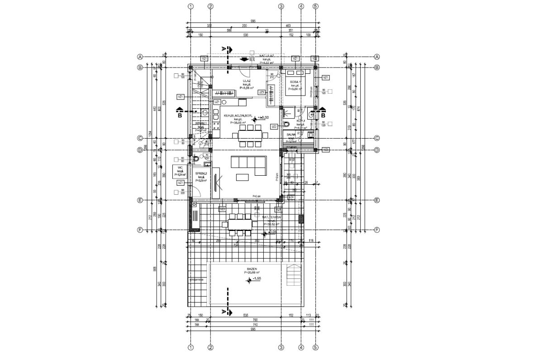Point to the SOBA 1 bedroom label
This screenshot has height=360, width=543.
tap(295, 82)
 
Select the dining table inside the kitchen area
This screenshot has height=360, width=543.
tap(248, 134)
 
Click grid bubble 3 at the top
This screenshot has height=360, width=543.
tap(281, 6)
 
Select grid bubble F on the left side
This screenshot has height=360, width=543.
tap(140, 230)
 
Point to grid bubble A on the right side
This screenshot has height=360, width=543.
tap(376, 57)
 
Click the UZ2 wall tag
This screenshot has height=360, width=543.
tap(274, 127)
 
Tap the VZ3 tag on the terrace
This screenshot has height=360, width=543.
tap(222, 210)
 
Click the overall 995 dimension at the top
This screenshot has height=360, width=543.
tap(253, 21)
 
